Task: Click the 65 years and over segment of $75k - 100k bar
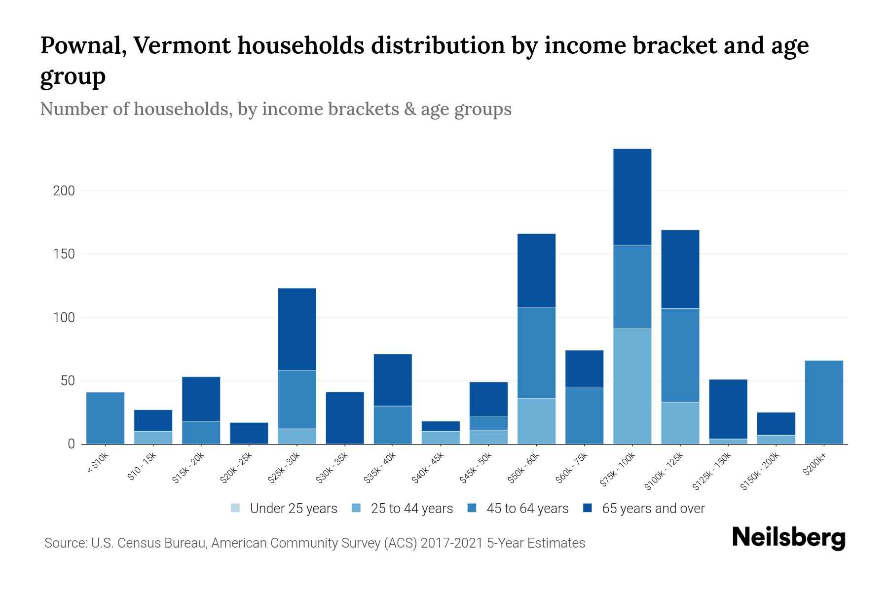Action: pos(632,197)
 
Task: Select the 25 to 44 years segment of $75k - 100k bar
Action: pos(632,386)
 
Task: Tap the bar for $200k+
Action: pos(823,402)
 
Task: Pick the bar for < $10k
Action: pos(105,418)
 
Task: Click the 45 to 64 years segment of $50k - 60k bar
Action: pos(536,353)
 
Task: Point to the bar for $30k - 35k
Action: pos(345,418)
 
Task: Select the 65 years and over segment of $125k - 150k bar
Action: pos(728,409)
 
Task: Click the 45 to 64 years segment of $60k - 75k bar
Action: pos(584,415)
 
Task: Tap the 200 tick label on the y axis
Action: pos(64,191)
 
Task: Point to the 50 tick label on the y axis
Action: pos(67,381)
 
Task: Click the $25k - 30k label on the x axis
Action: pos(285,468)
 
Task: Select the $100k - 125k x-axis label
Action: pos(665,471)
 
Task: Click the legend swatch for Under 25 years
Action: pos(235,508)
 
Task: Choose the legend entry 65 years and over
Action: pos(653,508)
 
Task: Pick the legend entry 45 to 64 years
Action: pos(527,508)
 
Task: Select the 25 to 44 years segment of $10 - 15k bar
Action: pos(153,438)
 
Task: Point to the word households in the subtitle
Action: pos(182,109)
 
